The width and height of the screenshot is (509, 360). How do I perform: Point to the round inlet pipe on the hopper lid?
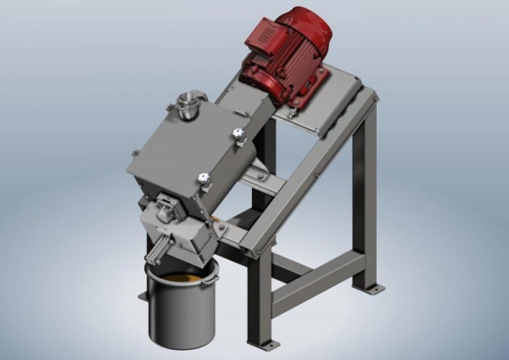click(187, 104)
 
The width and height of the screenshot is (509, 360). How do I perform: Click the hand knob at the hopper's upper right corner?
click(238, 134)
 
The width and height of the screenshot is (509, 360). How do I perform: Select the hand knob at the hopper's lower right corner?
click(204, 178)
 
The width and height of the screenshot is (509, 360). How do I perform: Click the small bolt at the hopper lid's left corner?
click(134, 153)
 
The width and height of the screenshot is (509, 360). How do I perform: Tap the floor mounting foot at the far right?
click(371, 288)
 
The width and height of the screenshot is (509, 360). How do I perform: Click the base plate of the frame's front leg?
click(263, 343)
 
